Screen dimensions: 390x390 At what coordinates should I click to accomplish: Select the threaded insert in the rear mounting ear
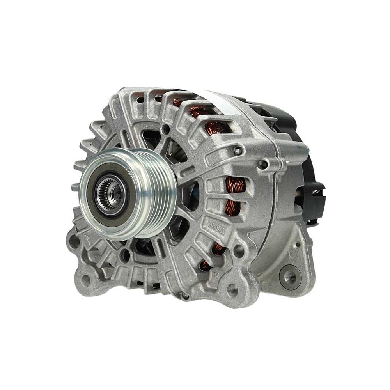[289, 277]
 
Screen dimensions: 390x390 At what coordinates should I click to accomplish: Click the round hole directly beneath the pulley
[126, 255]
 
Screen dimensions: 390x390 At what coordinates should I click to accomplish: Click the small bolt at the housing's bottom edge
[186, 296]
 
